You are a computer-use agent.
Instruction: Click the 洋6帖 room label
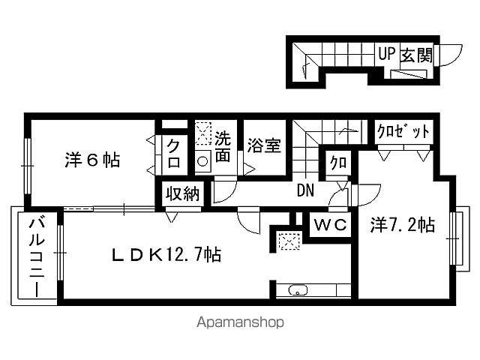pyautogui.click(x=92, y=160)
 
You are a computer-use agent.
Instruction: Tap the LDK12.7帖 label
pyautogui.click(x=166, y=254)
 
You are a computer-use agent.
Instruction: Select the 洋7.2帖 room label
pyautogui.click(x=403, y=225)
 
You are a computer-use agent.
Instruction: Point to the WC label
pyautogui.click(x=330, y=225)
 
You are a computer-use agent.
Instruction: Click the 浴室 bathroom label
pyautogui.click(x=264, y=145)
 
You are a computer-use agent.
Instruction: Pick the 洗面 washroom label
pyautogui.click(x=223, y=147)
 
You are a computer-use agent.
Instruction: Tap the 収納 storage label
pyautogui.click(x=183, y=194)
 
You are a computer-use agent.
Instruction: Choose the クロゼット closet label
pyautogui.click(x=403, y=131)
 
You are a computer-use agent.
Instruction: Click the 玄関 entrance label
pyautogui.click(x=417, y=55)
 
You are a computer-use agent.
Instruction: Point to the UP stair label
pyautogui.click(x=387, y=54)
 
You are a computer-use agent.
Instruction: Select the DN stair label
pyautogui.click(x=305, y=190)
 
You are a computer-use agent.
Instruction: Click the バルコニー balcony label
pyautogui.click(x=37, y=256)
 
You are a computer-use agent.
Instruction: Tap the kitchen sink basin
pyautogui.click(x=298, y=290)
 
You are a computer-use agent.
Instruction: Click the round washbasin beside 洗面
pyautogui.click(x=202, y=161)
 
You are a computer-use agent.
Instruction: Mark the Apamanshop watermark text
pyautogui.click(x=240, y=322)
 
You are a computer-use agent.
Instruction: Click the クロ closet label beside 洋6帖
pyautogui.click(x=173, y=153)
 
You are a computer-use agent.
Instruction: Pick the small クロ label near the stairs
pyautogui.click(x=338, y=163)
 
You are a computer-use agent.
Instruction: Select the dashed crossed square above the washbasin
pyautogui.click(x=203, y=133)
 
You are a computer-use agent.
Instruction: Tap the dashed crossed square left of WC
pyautogui.click(x=288, y=241)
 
